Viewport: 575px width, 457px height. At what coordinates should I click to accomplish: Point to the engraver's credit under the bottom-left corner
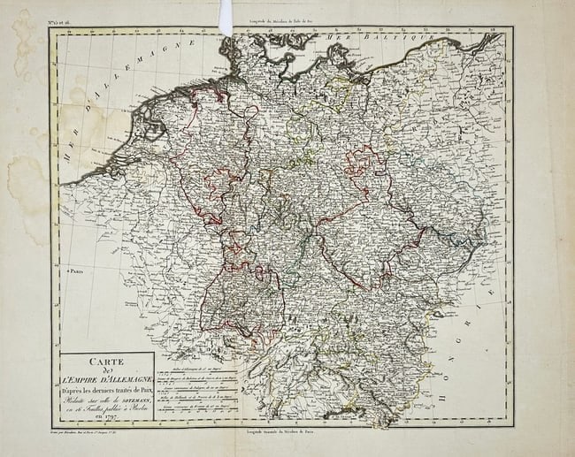[88, 430]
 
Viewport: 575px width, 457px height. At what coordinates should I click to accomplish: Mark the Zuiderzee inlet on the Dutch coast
[151, 119]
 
